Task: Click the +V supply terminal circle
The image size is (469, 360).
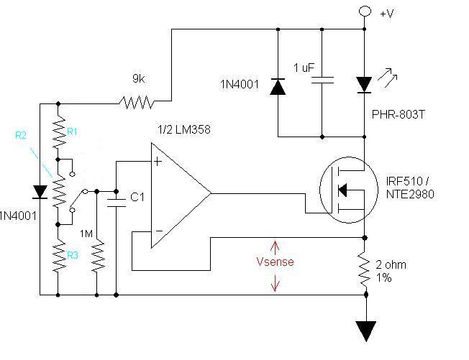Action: pyautogui.click(x=365, y=11)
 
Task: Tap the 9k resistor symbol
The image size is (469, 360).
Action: pyautogui.click(x=137, y=102)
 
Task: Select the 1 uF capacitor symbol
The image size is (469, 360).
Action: pyautogui.click(x=322, y=80)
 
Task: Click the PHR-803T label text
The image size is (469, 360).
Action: pyautogui.click(x=398, y=114)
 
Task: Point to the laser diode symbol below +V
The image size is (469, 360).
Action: pyautogui.click(x=364, y=85)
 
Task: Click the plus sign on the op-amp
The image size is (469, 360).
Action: pyautogui.click(x=158, y=162)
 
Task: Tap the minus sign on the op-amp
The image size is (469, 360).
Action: pyautogui.click(x=159, y=231)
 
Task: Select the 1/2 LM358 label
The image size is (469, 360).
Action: pyautogui.click(x=184, y=129)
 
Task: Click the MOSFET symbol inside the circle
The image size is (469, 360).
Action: pyautogui.click(x=349, y=190)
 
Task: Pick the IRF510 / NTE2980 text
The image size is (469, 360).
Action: pyautogui.click(x=410, y=188)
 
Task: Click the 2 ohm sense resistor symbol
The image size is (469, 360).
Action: pyautogui.click(x=364, y=269)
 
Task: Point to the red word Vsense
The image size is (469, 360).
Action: pyautogui.click(x=276, y=262)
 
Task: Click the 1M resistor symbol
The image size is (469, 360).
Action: pyautogui.click(x=97, y=255)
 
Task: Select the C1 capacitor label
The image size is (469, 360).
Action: pyautogui.click(x=137, y=197)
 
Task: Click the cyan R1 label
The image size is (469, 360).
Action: pyautogui.click(x=72, y=131)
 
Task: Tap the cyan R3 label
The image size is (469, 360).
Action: pyautogui.click(x=73, y=255)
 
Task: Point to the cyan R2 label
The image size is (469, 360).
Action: pyautogui.click(x=21, y=135)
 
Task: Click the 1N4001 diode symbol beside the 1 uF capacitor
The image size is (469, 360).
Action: pyautogui.click(x=278, y=87)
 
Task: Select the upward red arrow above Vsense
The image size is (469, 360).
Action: pyautogui.click(x=275, y=248)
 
